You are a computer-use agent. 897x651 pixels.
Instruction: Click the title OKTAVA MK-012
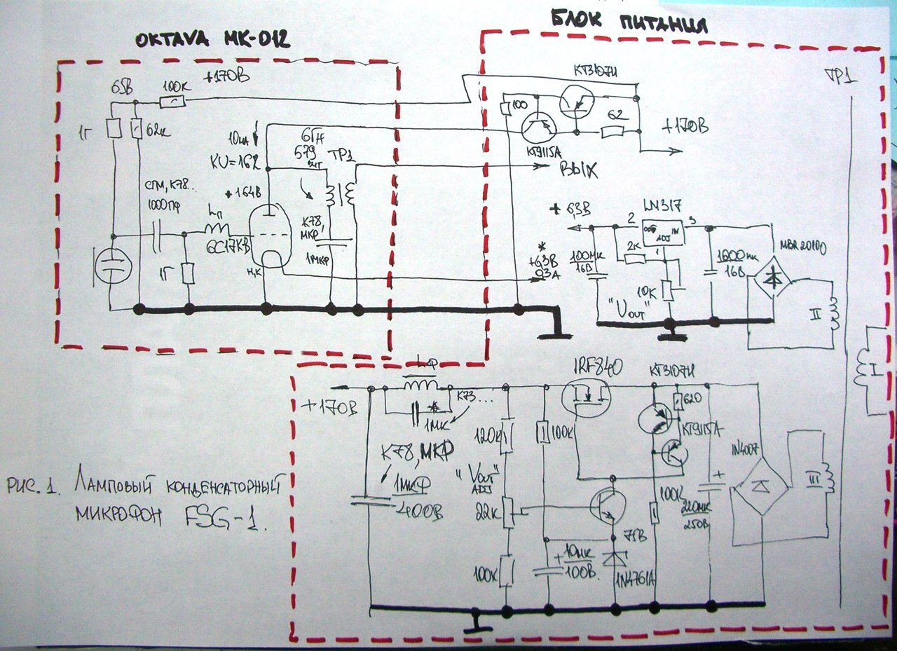pyautogui.click(x=212, y=41)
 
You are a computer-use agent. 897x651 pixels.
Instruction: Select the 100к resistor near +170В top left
pyautogui.click(x=172, y=102)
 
